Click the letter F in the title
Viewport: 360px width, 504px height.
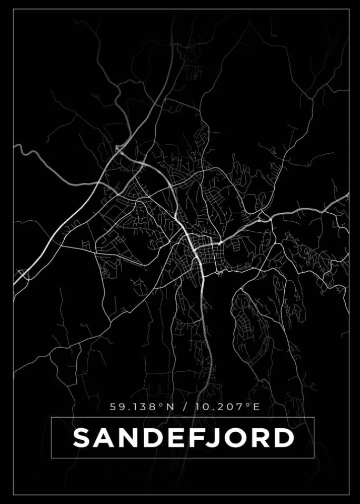pyautogui.click(x=196, y=438)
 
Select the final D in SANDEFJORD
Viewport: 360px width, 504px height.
pyautogui.click(x=284, y=438)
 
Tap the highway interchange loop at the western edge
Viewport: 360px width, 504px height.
pyautogui.click(x=23, y=274)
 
